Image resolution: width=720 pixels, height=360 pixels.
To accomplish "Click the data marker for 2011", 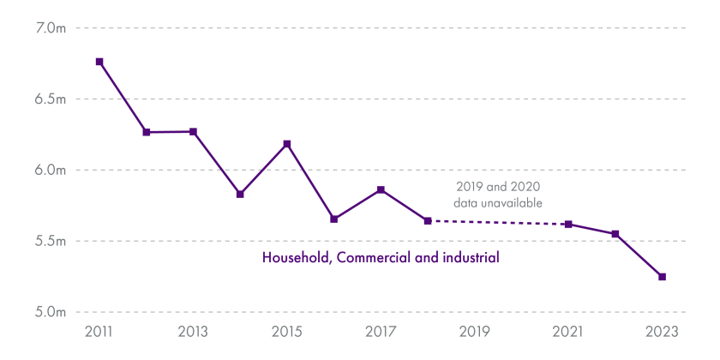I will tap(99, 62).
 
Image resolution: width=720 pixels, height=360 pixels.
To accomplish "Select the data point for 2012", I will tap(147, 132).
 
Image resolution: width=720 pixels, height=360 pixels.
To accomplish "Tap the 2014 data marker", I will tap(240, 195).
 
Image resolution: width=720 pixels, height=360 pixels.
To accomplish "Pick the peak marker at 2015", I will tap(287, 144).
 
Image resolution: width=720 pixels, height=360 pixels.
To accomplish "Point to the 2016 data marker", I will tap(334, 219).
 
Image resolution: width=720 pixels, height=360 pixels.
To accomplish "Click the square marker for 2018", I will tap(428, 221).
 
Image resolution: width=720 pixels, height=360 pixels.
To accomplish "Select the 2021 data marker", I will tap(568, 225).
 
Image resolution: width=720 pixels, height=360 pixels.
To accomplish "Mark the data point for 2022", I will tap(615, 234).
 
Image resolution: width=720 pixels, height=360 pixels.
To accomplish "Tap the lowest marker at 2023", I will tap(662, 277).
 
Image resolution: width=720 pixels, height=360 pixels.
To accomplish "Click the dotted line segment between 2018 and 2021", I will tap(498, 223).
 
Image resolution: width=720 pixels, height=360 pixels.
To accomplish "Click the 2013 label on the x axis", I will tap(193, 333).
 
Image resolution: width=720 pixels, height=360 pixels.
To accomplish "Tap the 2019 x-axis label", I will tap(474, 333).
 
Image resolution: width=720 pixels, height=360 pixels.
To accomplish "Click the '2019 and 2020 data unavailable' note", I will tap(498, 194).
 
